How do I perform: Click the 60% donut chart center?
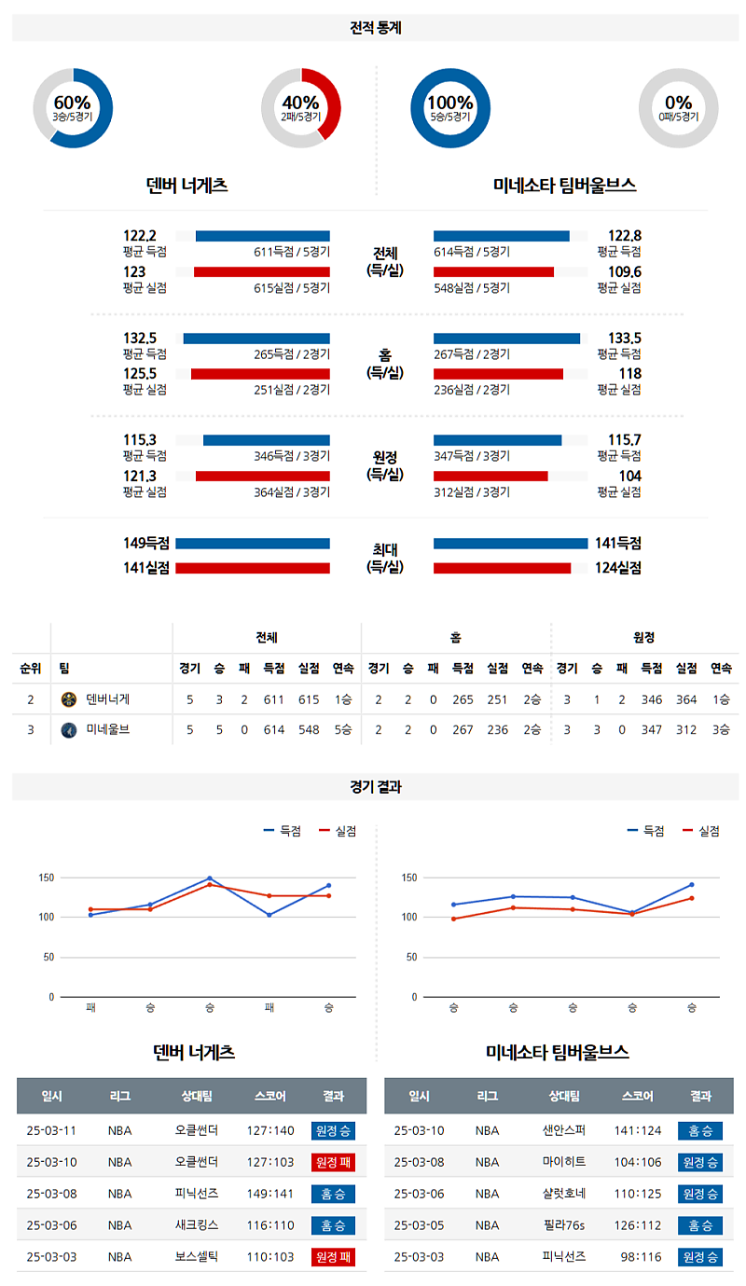(73, 108)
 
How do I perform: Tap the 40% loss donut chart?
(301, 108)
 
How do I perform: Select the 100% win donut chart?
(450, 108)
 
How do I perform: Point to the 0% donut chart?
(678, 108)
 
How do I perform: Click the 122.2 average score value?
(140, 236)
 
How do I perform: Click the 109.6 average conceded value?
(624, 271)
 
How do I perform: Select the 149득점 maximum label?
(146, 544)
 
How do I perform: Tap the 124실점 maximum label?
(618, 567)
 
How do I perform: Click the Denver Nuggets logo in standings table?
(68, 699)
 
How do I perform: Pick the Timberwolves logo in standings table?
(68, 730)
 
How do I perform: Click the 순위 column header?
(30, 669)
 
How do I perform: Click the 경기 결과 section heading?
(375, 787)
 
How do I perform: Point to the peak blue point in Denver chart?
(210, 878)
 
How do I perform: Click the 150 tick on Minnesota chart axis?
(408, 878)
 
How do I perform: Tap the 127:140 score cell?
(269, 1131)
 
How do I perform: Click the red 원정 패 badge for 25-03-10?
(333, 1162)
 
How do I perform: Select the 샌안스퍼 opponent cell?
(564, 1131)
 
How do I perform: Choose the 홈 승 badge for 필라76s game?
(699, 1225)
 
